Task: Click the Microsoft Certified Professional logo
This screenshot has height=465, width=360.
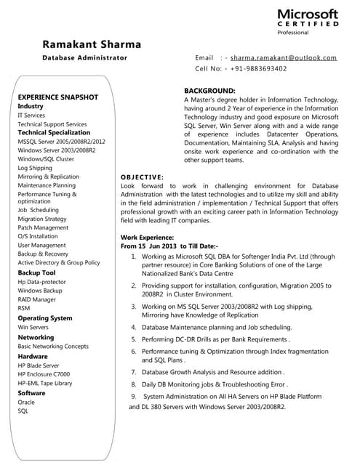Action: pyautogui.click(x=308, y=22)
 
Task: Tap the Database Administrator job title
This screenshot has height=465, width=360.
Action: pyautogui.click(x=84, y=57)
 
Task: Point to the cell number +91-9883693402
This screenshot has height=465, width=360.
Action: pyautogui.click(x=255, y=69)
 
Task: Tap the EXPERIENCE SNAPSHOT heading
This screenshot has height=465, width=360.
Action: pyautogui.click(x=57, y=97)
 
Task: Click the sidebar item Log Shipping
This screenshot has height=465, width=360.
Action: pyautogui.click(x=35, y=168)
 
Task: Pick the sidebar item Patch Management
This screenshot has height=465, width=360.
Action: pyautogui.click(x=43, y=227)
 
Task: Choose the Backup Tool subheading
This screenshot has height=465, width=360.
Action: pyautogui.click(x=36, y=272)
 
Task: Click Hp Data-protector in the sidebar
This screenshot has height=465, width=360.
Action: pyautogui.click(x=41, y=282)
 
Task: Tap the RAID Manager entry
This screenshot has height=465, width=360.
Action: pyautogui.click(x=36, y=299)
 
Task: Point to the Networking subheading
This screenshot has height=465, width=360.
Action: pyautogui.click(x=36, y=338)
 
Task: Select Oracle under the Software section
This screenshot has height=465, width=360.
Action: pyautogui.click(x=26, y=402)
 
